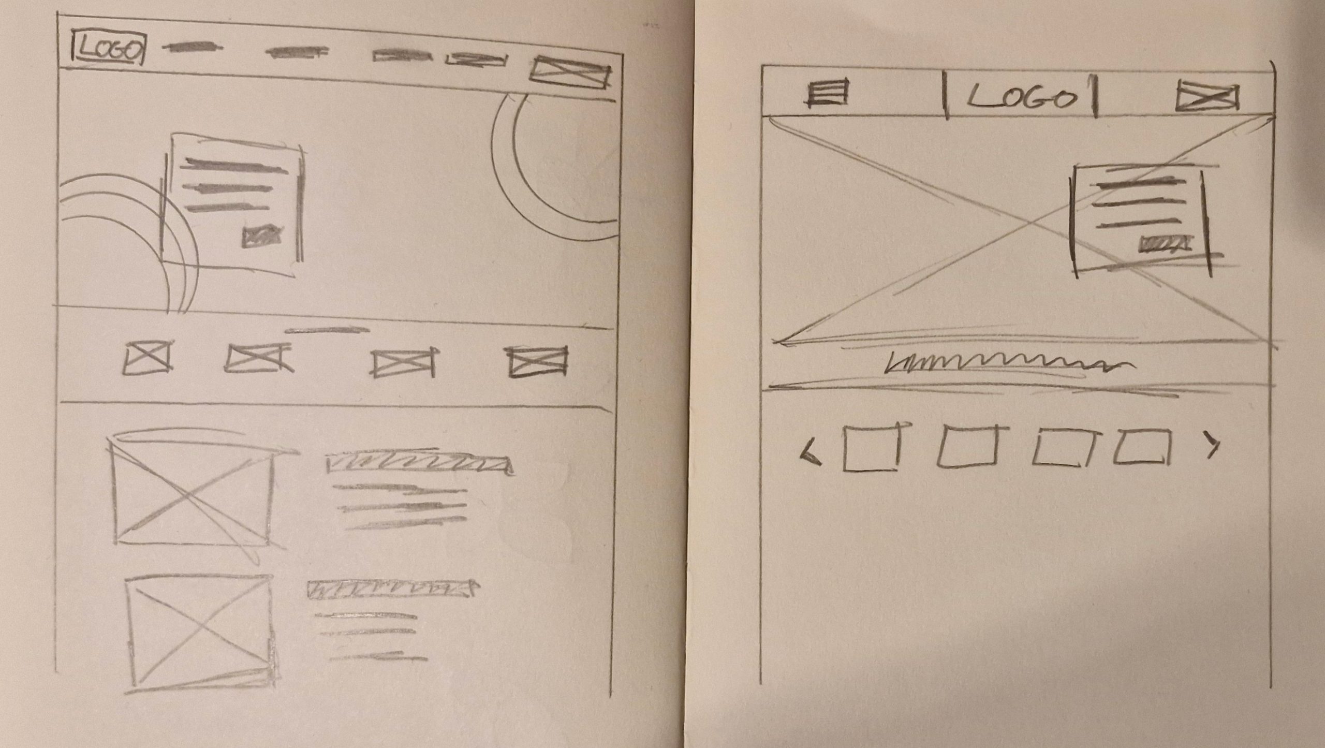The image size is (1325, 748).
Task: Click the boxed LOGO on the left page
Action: click(108, 50)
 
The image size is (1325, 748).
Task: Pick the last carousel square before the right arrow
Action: click(1142, 446)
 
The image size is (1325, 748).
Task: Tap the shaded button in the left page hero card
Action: click(262, 237)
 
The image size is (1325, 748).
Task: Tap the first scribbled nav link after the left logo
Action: click(193, 48)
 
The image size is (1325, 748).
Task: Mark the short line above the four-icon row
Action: click(328, 330)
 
